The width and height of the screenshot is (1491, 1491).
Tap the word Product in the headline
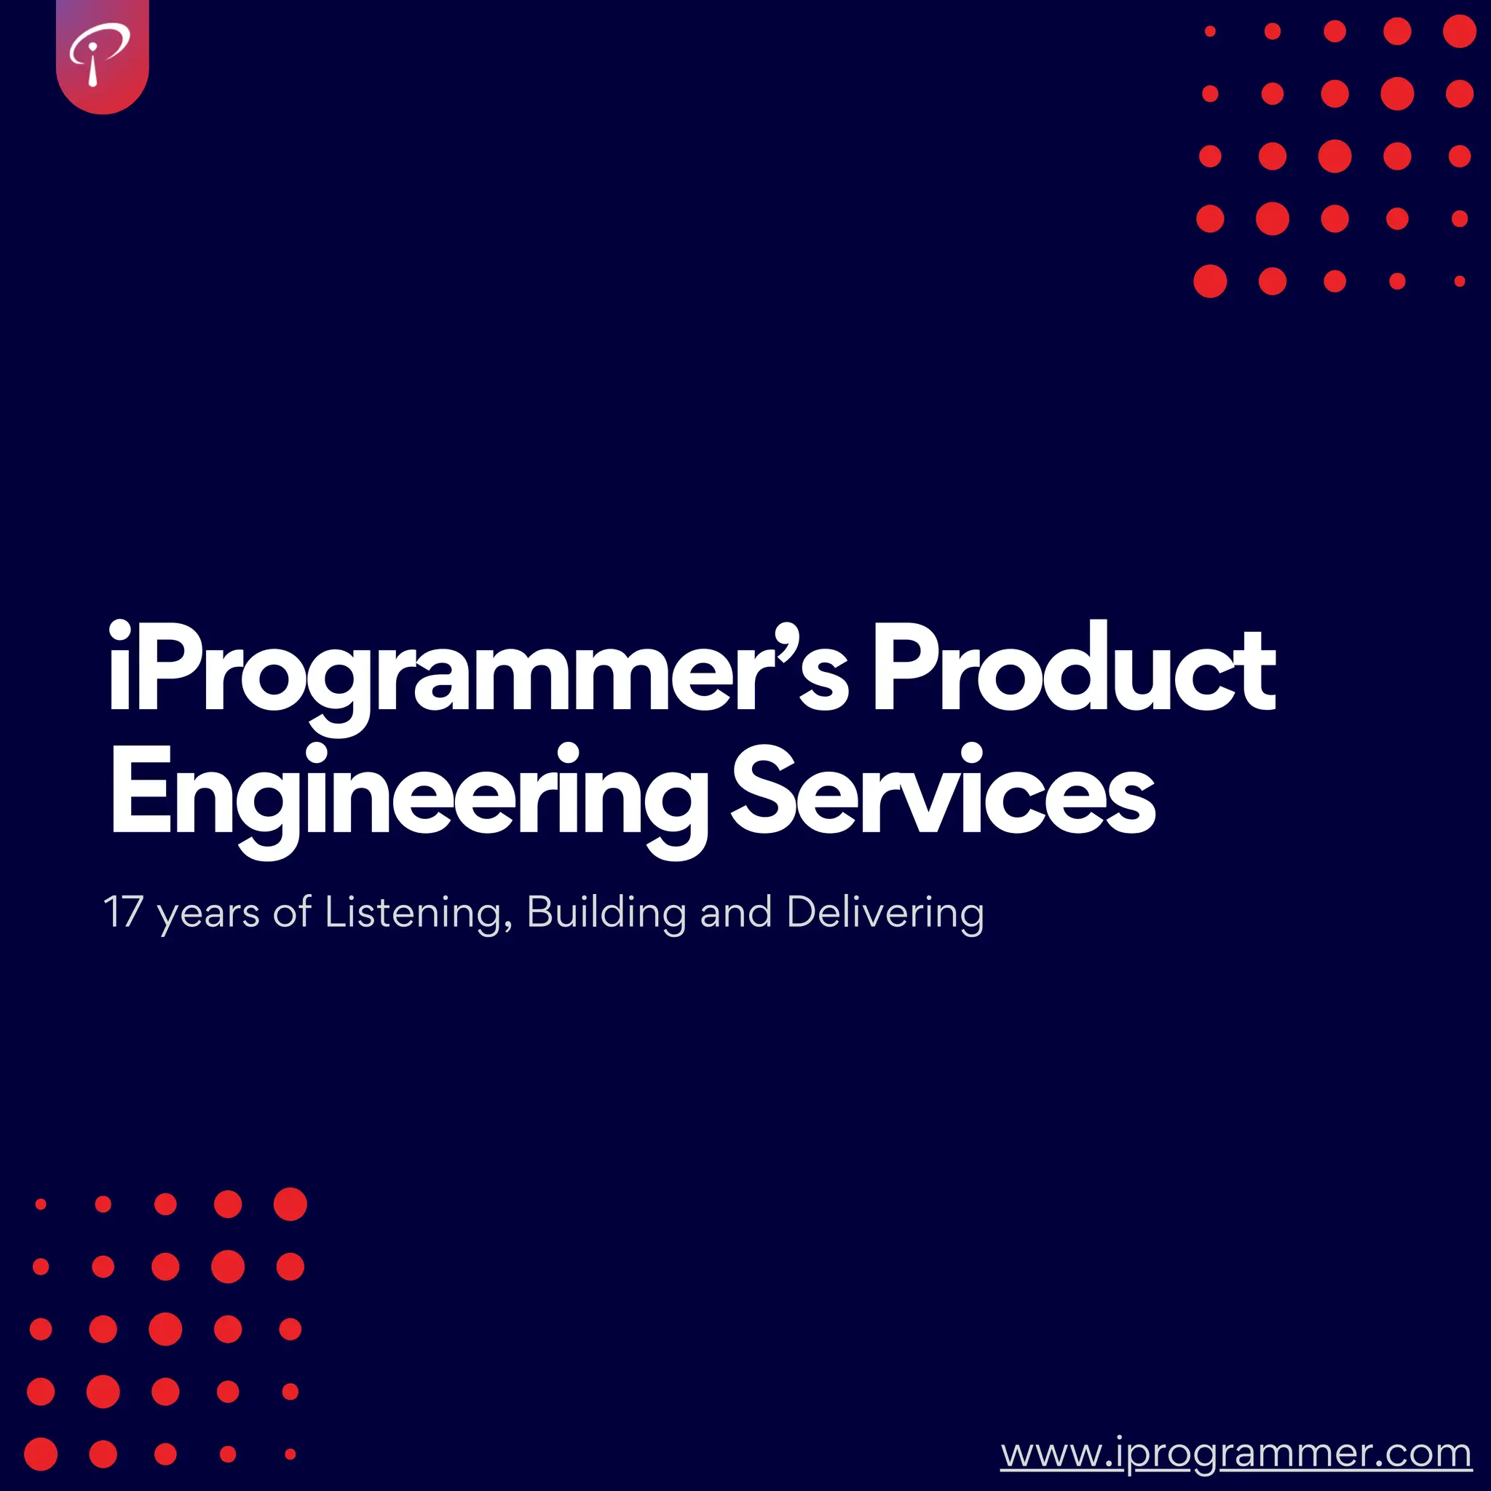(x=1072, y=668)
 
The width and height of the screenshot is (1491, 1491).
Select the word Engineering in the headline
(x=409, y=795)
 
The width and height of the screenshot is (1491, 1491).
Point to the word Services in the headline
(x=942, y=791)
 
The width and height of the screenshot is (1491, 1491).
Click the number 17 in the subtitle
(x=123, y=912)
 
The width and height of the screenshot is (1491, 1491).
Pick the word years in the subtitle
(x=208, y=915)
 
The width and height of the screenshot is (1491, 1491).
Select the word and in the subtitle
(x=735, y=912)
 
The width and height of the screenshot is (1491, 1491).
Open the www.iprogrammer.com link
(x=1235, y=1454)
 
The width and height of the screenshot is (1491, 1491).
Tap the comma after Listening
(x=508, y=926)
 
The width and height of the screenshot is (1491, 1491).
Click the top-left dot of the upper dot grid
(x=1210, y=31)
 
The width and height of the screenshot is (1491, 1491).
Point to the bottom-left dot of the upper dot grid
(x=1210, y=281)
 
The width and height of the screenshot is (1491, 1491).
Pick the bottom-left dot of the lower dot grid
(x=41, y=1454)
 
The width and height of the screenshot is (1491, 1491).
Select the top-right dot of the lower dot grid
(x=290, y=1204)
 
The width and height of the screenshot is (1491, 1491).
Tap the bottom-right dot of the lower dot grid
(x=290, y=1454)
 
